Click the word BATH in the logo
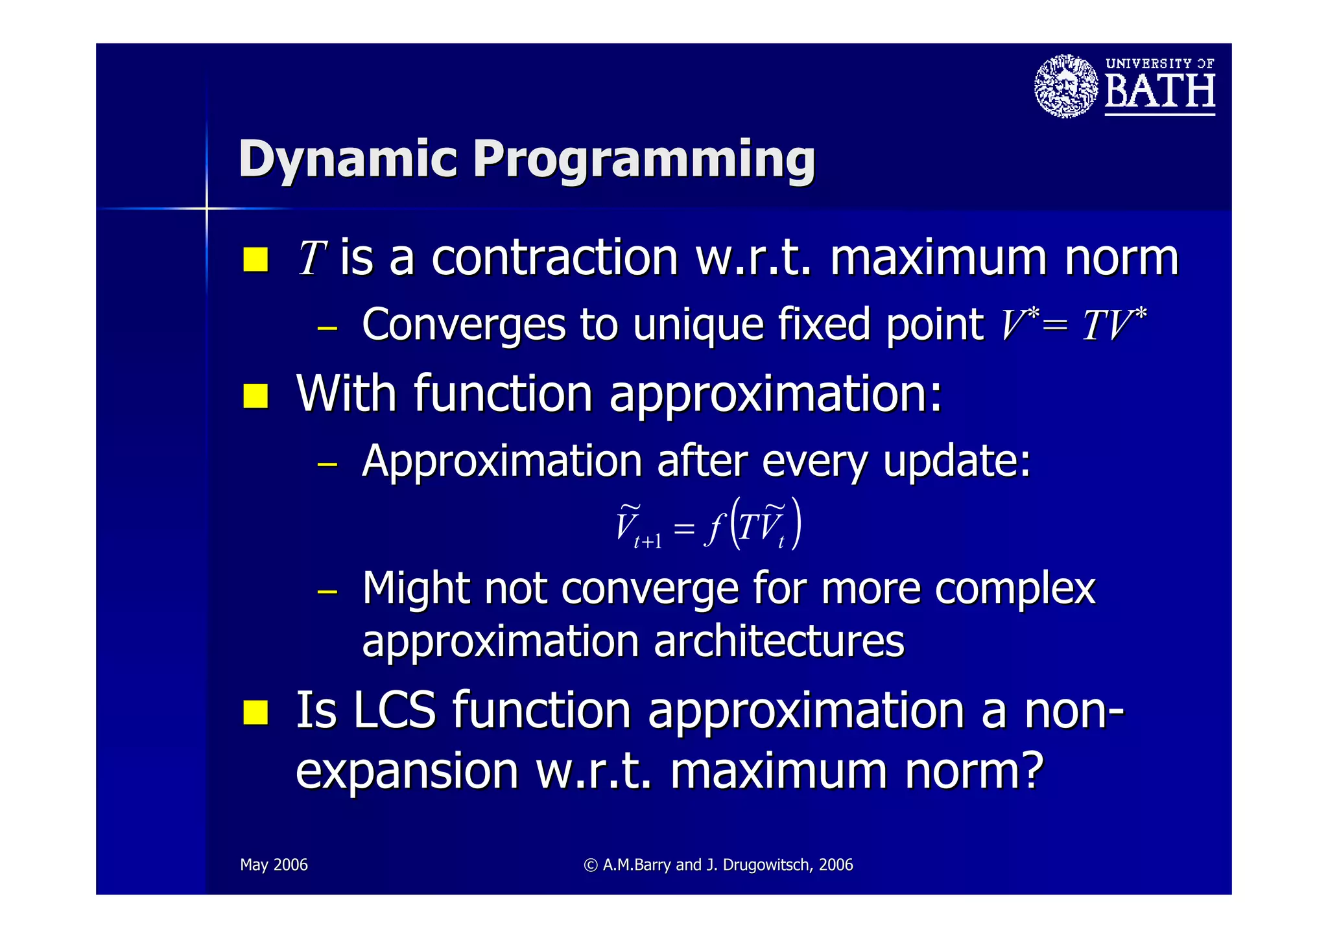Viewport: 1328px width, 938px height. pyautogui.click(x=1159, y=91)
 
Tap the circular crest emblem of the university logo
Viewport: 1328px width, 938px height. pyautogui.click(x=1066, y=86)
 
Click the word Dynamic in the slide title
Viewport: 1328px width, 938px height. pyautogui.click(x=348, y=159)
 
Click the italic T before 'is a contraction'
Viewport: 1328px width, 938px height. pyautogui.click(x=312, y=258)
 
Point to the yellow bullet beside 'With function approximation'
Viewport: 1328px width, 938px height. pyautogui.click(x=256, y=395)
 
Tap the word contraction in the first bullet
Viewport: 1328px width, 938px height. pyautogui.click(x=554, y=258)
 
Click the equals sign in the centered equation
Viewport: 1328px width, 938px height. pyautogui.click(x=684, y=528)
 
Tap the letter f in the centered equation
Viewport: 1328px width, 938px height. pyautogui.click(x=713, y=528)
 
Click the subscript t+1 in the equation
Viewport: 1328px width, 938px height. pyautogui.click(x=648, y=542)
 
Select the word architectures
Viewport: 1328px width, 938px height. pyautogui.click(x=778, y=642)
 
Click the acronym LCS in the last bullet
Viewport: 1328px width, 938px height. pyautogui.click(x=394, y=710)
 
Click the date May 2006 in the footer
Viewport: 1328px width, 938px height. pyautogui.click(x=274, y=865)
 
